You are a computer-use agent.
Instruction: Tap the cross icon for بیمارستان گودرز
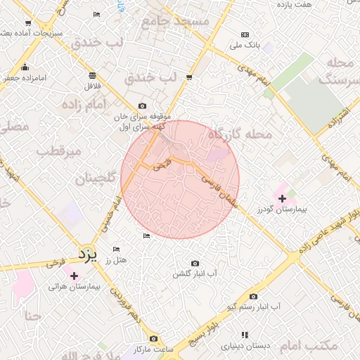click(x=283, y=198)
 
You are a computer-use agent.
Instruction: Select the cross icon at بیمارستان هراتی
click(x=75, y=276)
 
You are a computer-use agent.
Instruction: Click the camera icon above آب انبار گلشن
click(x=195, y=263)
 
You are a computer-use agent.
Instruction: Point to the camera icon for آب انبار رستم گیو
click(x=253, y=297)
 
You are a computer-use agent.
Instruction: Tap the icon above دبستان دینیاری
click(x=245, y=335)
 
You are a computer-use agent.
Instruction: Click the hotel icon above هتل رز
click(x=116, y=250)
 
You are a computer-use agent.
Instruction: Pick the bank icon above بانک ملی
click(x=245, y=34)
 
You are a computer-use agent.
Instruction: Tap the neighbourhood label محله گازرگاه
click(x=240, y=133)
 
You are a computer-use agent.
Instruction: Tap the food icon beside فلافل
click(x=93, y=75)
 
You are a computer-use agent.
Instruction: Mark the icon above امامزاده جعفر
click(x=26, y=67)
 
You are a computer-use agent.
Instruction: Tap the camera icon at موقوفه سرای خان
click(x=143, y=106)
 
